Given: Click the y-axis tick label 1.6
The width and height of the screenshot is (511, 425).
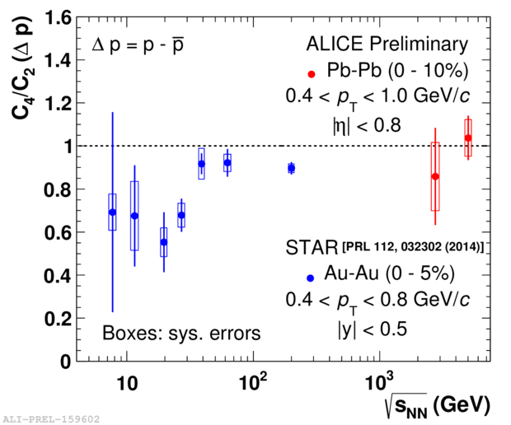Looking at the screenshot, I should coord(65,17).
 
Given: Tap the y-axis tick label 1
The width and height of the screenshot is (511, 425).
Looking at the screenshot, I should coord(74,147).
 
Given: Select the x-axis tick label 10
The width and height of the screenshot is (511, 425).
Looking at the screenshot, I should coord(126,384).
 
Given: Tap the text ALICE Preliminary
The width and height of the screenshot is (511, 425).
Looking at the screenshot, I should coord(387,44).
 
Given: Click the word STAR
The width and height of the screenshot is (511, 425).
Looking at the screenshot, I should coord(313,247).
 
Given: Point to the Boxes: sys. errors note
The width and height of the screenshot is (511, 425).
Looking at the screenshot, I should coord(181,334).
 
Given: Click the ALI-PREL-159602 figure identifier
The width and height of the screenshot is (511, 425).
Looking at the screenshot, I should coord(50,418).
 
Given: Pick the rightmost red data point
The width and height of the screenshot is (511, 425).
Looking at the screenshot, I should coord(468,138).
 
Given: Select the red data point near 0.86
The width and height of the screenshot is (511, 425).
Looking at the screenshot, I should coord(435,176).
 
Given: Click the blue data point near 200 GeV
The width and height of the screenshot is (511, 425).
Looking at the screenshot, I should coord(291,168).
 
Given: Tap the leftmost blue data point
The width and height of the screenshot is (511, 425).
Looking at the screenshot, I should coord(112,212).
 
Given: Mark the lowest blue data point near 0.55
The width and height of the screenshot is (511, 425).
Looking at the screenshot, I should coord(164,242).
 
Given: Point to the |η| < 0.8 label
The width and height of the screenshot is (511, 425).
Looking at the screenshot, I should coord(365,124).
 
